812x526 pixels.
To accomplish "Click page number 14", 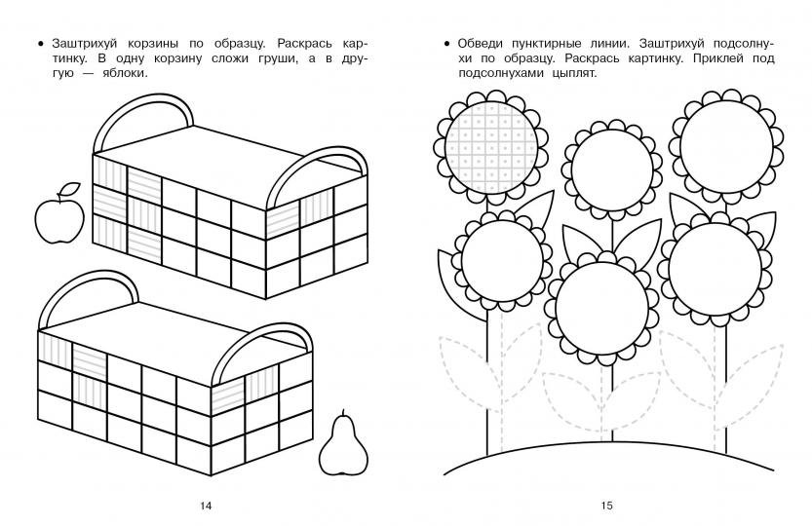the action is (x=206, y=506).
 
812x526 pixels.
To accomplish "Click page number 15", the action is (x=607, y=506).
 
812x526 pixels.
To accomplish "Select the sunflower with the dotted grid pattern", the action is (x=491, y=147).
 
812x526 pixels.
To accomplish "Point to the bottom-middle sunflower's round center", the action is (x=602, y=308).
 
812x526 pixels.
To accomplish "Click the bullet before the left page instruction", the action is (x=41, y=44).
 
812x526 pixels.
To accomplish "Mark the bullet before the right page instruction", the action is (x=446, y=44).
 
